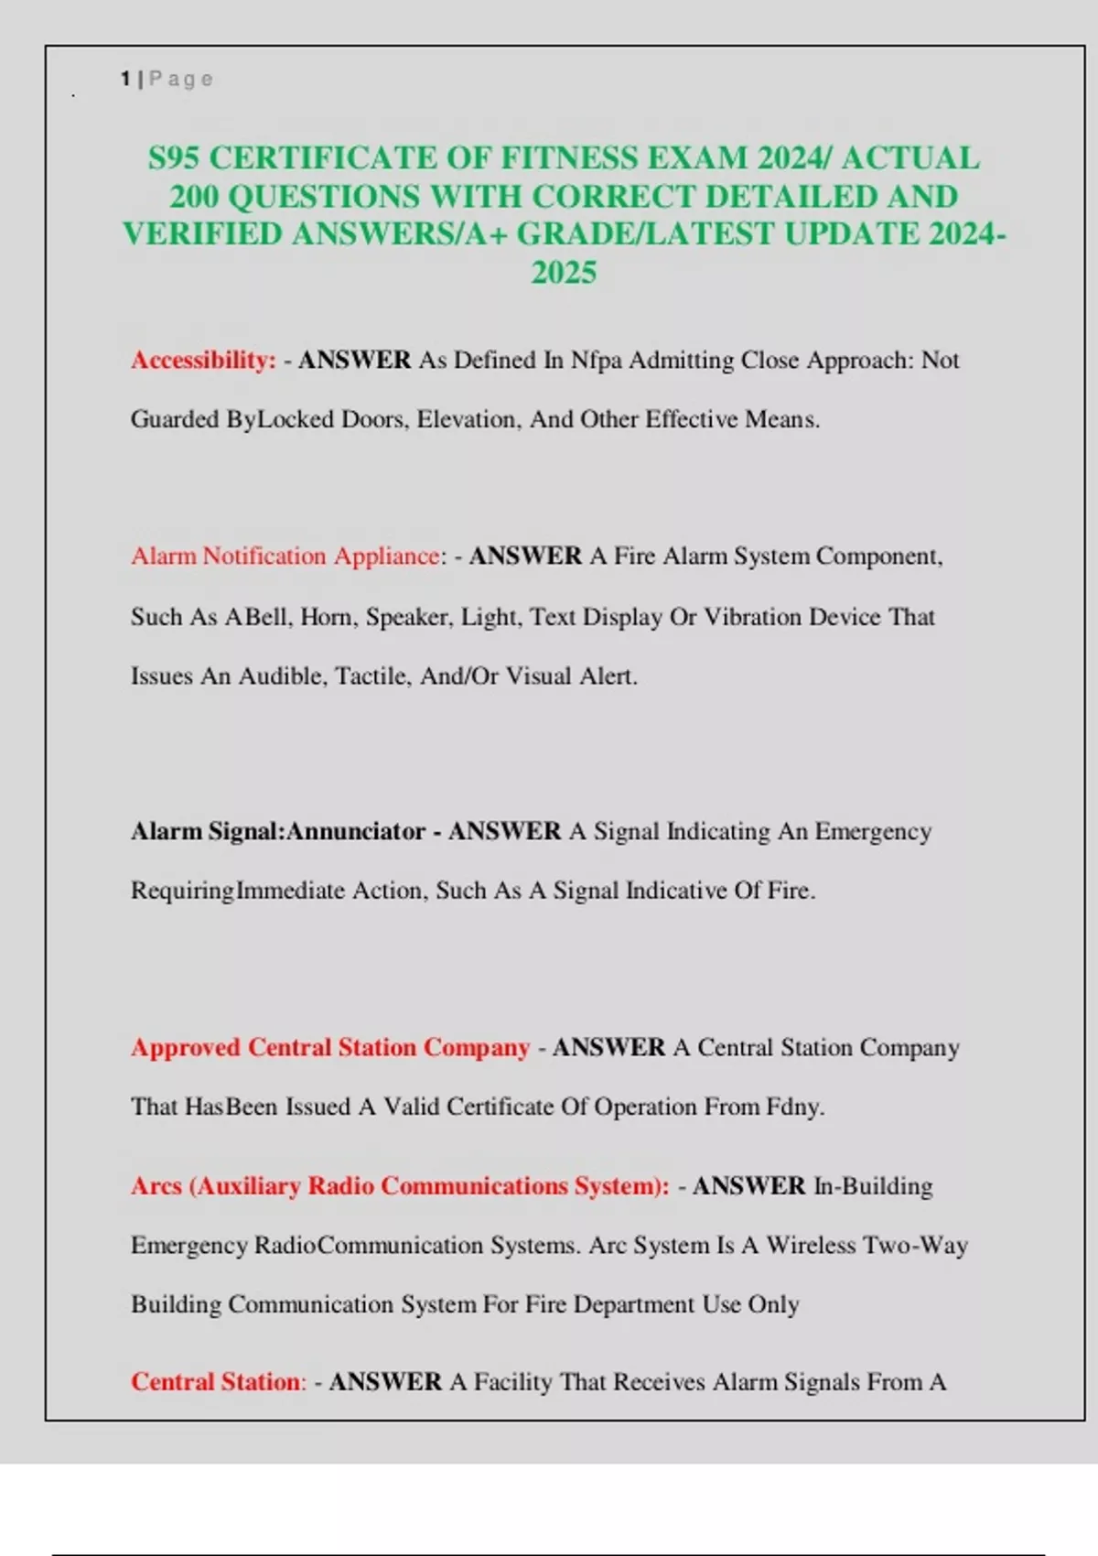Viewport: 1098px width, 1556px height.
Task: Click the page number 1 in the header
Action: coord(124,80)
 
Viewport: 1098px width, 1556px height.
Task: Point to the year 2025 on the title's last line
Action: coord(564,273)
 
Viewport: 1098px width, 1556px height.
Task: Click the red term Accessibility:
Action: coord(203,361)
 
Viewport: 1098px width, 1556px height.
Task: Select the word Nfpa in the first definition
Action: coord(596,361)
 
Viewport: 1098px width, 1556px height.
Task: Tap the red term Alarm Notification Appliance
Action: coord(285,556)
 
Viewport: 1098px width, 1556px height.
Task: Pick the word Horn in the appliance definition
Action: coord(326,618)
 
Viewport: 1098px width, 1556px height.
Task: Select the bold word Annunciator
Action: coord(356,832)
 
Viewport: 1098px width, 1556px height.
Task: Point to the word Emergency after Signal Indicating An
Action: coord(873,832)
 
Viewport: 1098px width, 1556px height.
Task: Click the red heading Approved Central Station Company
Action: coord(330,1048)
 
